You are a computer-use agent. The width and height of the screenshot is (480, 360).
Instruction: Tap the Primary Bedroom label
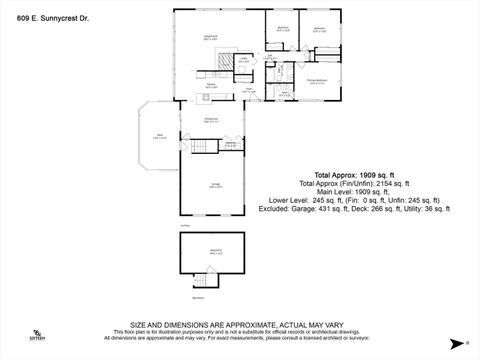[x=319, y=82]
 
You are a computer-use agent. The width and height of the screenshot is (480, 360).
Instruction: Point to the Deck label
[x=160, y=138]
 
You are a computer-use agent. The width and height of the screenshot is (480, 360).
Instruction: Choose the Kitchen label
[x=211, y=86]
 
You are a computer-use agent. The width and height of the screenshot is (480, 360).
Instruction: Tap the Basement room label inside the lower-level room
[x=213, y=253]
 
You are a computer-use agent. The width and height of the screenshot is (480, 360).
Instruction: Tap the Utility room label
[x=242, y=60]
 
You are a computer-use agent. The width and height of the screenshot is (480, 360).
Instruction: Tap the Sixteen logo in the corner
[x=37, y=337]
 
